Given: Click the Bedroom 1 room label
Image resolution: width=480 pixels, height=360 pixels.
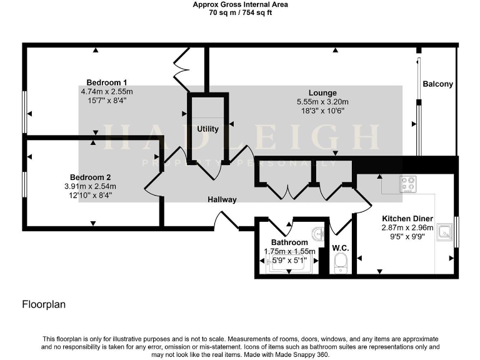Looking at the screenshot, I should click(x=107, y=82).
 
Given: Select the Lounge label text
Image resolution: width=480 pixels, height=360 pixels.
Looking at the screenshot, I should click(x=322, y=93).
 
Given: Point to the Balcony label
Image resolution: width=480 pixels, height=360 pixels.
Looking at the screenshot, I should click(x=437, y=84).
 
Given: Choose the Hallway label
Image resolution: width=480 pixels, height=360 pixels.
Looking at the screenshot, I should click(x=222, y=200).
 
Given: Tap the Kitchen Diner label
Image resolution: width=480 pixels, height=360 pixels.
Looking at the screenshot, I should click(x=407, y=219).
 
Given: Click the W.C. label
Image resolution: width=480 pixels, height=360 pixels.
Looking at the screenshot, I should click(x=340, y=248).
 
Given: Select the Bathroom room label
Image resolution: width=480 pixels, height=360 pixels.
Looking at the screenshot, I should click(x=289, y=242).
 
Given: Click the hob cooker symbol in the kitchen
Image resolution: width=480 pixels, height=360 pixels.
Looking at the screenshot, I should click(x=408, y=184).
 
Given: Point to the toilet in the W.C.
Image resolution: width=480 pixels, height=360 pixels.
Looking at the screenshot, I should click(x=341, y=266).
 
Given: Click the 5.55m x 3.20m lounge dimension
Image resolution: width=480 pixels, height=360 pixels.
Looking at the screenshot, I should click(x=322, y=102).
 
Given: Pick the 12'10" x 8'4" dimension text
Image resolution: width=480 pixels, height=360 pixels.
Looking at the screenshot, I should click(x=90, y=195).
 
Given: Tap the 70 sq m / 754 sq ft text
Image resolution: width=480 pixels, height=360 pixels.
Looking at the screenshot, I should click(x=240, y=12).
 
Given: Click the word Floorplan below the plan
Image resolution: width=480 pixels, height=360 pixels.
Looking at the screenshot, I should click(x=44, y=305).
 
